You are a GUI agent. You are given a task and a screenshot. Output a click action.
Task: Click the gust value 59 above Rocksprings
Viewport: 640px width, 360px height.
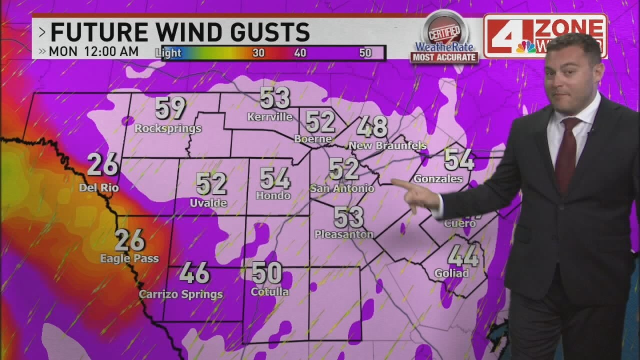coord(170,108)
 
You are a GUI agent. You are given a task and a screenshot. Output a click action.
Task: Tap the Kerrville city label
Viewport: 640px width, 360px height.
coord(270,117)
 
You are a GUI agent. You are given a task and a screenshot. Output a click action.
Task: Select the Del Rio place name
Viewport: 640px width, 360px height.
coord(99,188)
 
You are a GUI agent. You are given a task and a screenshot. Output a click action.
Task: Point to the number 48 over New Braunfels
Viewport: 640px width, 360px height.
coord(372,126)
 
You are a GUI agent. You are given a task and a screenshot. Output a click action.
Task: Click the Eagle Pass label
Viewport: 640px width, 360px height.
coord(129,258)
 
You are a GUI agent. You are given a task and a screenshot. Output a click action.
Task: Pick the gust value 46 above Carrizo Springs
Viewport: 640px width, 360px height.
coord(194,273)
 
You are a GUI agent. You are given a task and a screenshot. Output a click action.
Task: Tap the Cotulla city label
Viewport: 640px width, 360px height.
coord(269,291)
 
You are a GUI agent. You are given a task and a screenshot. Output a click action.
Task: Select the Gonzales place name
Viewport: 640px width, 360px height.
coord(438,178)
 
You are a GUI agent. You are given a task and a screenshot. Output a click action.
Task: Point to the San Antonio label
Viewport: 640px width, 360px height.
coord(342,188)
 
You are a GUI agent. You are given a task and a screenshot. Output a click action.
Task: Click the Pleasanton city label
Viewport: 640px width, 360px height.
coord(344,234)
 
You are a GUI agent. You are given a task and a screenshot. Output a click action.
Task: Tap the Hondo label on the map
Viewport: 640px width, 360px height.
coord(273,195)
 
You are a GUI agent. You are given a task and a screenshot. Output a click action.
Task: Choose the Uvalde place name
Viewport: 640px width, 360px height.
coord(208,203)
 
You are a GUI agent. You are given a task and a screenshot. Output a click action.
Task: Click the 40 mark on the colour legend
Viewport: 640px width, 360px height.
coord(300,53)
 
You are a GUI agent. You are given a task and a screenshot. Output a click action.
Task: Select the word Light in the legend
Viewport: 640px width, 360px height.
coord(168,53)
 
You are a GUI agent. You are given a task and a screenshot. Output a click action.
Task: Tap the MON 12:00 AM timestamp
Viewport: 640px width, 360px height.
coord(94,51)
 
